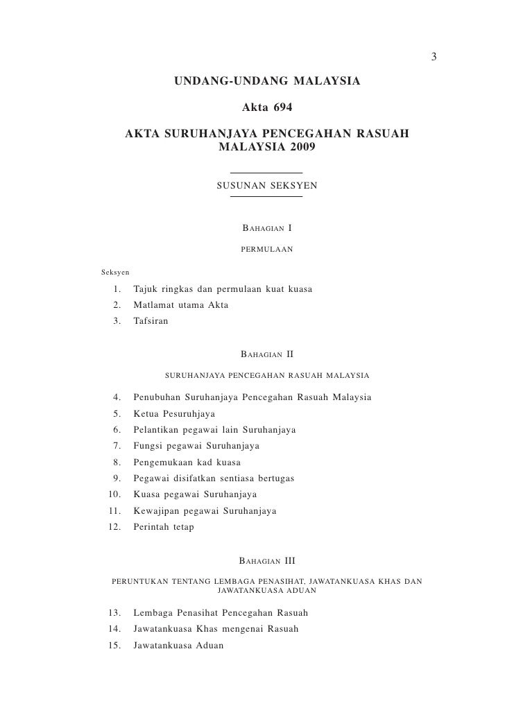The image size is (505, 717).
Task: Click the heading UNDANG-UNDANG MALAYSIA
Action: (x=266, y=82)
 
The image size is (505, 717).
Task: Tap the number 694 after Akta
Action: (x=281, y=108)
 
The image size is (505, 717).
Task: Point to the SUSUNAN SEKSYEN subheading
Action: (x=266, y=186)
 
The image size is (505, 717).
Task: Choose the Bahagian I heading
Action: (x=266, y=228)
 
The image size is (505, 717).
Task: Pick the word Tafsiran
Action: (x=150, y=322)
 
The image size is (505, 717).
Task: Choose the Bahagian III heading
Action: (x=266, y=561)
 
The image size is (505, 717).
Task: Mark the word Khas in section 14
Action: (x=207, y=630)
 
